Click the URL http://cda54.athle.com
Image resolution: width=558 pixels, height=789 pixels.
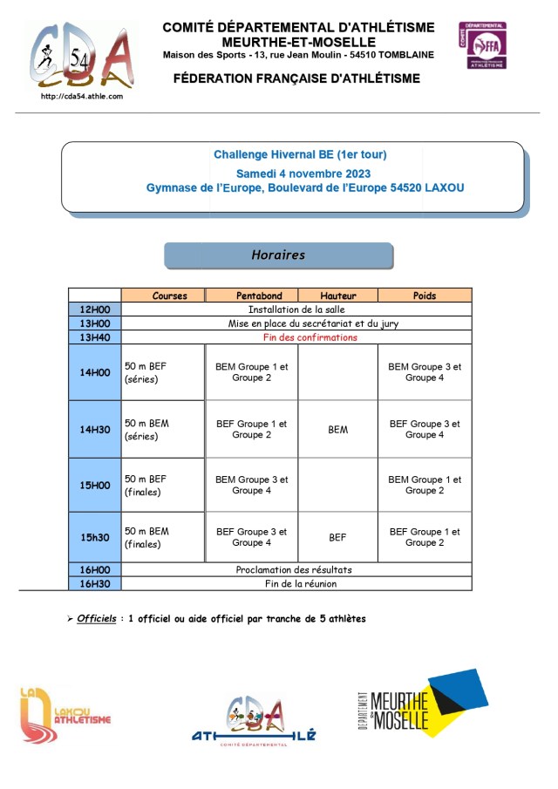click(x=82, y=96)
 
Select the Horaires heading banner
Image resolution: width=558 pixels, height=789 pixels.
click(x=278, y=255)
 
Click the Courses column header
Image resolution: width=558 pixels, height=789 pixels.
click(x=169, y=296)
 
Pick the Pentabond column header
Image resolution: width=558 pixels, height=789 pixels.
click(x=251, y=296)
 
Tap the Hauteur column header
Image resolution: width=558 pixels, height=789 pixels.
click(x=337, y=296)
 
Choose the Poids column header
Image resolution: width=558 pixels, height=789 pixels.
click(x=425, y=296)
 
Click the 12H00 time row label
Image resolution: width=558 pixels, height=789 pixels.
click(x=95, y=309)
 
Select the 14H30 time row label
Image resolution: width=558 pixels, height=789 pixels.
click(x=95, y=430)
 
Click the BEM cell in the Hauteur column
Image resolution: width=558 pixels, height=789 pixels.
click(x=337, y=430)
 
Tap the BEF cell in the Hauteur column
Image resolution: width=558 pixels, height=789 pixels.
click(x=337, y=538)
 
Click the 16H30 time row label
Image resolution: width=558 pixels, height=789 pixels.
click(x=95, y=583)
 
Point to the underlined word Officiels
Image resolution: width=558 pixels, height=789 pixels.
click(x=96, y=619)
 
